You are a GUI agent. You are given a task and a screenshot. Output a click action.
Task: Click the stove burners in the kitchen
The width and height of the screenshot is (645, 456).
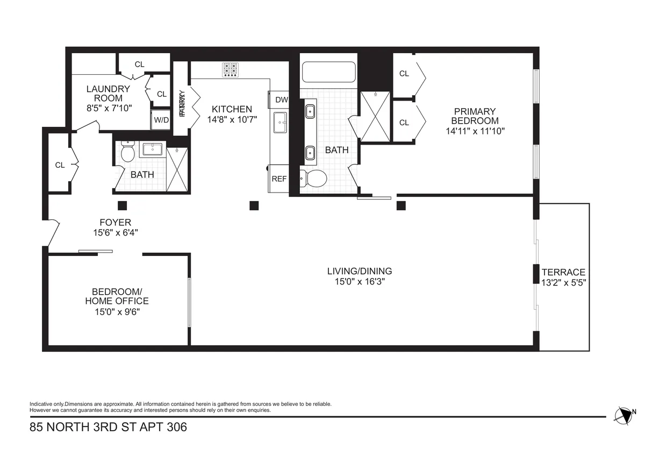[231, 70]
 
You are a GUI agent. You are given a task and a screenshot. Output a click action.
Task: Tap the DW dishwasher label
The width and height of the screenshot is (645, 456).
[281, 99]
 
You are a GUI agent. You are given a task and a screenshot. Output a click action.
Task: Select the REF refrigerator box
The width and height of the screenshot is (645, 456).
[279, 179]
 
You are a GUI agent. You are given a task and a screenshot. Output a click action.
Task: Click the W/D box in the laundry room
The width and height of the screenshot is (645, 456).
[161, 120]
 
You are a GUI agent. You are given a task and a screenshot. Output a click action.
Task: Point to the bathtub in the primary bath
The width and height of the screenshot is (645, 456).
[328, 73]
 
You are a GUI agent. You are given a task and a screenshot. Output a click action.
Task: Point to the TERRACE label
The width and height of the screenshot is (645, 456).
[563, 272]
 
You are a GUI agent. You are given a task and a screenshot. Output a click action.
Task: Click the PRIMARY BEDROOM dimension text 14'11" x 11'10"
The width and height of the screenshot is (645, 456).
[475, 131]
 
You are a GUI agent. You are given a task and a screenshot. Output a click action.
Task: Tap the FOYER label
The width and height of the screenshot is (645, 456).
[115, 223]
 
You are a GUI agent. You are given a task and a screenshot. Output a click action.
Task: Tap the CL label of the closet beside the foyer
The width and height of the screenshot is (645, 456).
[60, 165]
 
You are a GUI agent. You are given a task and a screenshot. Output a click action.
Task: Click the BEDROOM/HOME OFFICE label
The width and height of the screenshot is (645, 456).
[117, 296]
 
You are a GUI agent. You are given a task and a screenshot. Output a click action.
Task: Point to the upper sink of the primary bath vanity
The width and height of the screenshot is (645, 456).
[310, 112]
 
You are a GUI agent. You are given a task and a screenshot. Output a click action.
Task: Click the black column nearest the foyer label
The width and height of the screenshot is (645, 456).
[122, 205]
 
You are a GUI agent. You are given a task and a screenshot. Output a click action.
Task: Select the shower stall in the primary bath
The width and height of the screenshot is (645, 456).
[376, 116]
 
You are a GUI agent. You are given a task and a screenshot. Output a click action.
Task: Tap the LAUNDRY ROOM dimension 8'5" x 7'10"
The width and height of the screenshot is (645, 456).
[108, 108]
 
